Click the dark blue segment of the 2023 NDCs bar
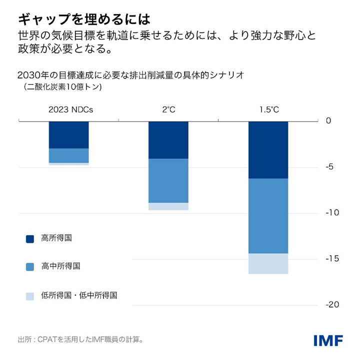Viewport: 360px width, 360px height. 68,134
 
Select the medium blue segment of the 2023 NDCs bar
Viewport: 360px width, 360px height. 68,155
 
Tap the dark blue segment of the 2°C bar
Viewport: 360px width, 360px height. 168,140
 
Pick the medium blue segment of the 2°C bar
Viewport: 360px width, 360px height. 168,180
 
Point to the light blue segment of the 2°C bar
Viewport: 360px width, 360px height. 168,206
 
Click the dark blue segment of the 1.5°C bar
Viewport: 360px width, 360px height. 268,149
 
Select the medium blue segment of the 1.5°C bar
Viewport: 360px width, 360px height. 268,216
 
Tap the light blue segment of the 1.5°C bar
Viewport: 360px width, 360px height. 268,263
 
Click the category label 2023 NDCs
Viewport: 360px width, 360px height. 70,109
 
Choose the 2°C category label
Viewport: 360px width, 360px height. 168,109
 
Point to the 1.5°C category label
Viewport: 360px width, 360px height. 269,109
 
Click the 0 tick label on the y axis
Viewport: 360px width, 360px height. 328,120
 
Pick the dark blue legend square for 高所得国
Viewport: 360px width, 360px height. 30,239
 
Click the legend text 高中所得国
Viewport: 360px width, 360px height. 60,266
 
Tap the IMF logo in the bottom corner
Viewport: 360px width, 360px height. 328,340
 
